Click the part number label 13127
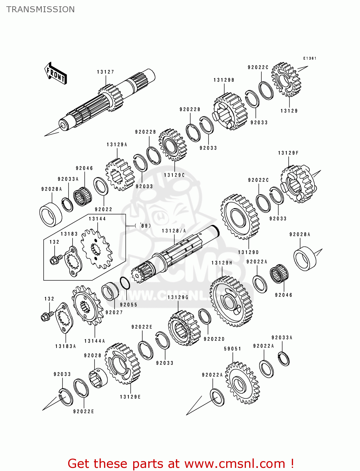click(106, 72)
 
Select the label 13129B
click(224, 80)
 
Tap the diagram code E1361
click(310, 58)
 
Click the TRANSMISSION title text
click(41, 9)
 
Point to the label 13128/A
click(174, 231)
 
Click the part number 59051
click(232, 349)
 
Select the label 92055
click(128, 305)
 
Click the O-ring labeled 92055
click(125, 283)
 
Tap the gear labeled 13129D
click(240, 216)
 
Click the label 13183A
click(66, 346)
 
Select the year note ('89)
click(143, 225)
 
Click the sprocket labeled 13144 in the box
click(96, 248)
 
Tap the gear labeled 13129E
click(122, 363)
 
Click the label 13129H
click(222, 263)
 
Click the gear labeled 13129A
click(120, 175)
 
